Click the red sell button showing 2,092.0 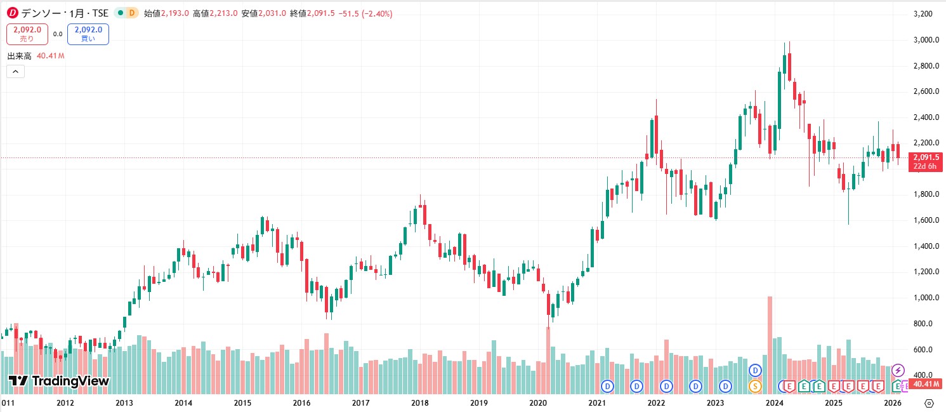tap(27, 34)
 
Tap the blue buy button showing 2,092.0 tap(88, 34)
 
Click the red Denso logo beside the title tap(12, 13)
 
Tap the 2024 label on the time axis tap(774, 403)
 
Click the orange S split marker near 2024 tap(755, 385)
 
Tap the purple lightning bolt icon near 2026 tap(898, 370)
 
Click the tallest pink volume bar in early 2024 tap(770, 343)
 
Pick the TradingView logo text tap(59, 382)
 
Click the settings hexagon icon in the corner tap(929, 403)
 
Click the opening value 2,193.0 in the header tap(176, 13)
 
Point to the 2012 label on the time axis tap(65, 403)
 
